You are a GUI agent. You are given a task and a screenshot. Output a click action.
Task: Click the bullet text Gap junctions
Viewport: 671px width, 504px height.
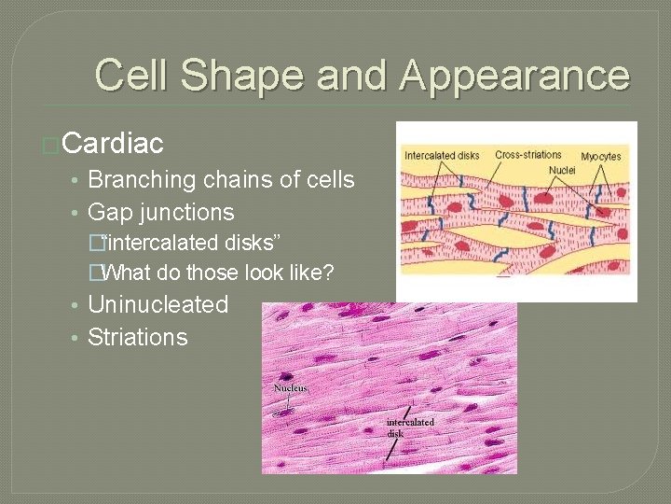160,212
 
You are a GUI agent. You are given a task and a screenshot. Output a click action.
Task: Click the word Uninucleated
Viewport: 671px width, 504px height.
157,304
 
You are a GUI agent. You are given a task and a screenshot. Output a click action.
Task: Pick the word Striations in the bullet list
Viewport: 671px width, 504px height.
137,337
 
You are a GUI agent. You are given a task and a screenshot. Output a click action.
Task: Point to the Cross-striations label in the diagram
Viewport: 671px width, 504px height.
528,154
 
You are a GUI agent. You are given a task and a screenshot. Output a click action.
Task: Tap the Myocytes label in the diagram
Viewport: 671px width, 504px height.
602,155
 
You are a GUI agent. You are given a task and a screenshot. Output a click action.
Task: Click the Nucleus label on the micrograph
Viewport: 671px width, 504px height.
290,387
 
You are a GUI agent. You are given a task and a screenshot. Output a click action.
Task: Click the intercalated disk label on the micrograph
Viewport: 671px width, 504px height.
410,427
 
